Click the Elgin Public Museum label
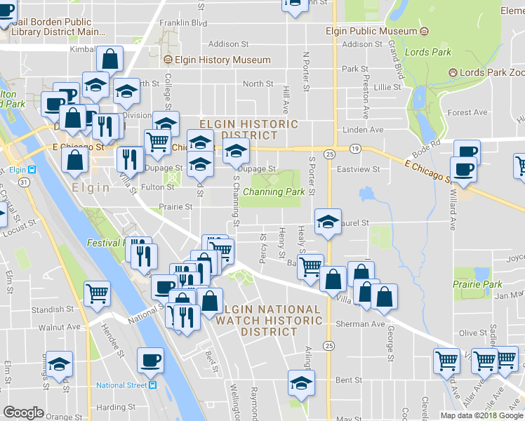pyautogui.click(x=371, y=32)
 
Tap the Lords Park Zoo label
pyautogui.click(x=490, y=73)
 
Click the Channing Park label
pyautogui.click(x=274, y=192)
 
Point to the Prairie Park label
pyautogui.click(x=477, y=284)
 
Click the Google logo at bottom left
pyautogui.click(x=23, y=413)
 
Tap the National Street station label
pyautogui.click(x=122, y=385)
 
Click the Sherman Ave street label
pyautogui.click(x=360, y=324)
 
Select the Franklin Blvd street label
pyautogui.click(x=183, y=22)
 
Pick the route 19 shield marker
pyautogui.click(x=355, y=149)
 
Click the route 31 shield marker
pyautogui.click(x=23, y=182)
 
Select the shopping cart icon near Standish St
pyautogui.click(x=97, y=294)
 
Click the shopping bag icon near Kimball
pyautogui.click(x=110, y=59)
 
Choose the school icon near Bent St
pyautogui.click(x=301, y=384)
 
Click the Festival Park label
pyautogui.click(x=105, y=243)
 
